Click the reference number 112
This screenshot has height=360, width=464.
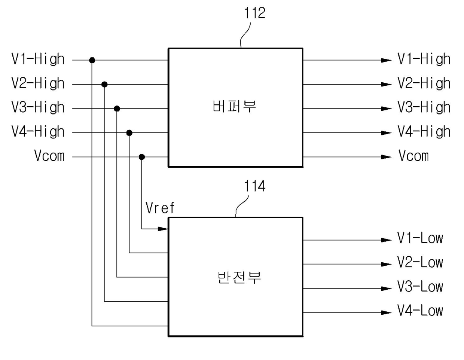254,13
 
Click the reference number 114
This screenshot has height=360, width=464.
254,186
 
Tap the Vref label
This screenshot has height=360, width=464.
160,208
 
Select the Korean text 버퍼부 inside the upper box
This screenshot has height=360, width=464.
234,106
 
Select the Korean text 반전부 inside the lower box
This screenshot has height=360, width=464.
239,277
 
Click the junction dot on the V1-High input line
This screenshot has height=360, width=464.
92,60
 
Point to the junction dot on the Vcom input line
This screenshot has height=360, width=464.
142,157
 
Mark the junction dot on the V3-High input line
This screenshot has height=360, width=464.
117,109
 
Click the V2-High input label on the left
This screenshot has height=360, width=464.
38,83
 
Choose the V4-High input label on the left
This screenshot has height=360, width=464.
38,132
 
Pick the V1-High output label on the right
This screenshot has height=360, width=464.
424,59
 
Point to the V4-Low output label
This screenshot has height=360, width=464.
420,311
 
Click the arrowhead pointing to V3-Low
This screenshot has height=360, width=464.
387,289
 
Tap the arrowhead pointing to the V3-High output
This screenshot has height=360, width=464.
387,109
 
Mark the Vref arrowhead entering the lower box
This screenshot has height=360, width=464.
163,229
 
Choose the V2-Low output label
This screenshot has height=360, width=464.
420,262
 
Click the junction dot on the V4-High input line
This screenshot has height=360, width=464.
129,133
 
